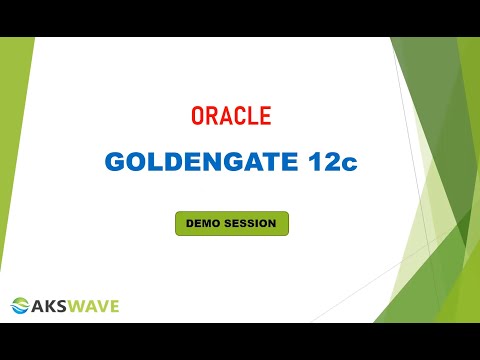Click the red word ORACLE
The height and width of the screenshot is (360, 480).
click(231, 116)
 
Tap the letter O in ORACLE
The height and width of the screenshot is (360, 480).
click(197, 116)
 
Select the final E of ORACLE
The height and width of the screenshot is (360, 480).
click(265, 116)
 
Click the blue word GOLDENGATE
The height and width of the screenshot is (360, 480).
click(201, 162)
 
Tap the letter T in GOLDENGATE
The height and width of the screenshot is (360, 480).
click(270, 162)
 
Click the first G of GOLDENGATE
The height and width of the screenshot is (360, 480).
click(115, 162)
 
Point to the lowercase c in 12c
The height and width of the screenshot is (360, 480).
click(347, 164)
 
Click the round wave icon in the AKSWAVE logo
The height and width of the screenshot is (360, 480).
click(20, 305)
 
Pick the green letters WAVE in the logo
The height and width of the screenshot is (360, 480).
click(92, 306)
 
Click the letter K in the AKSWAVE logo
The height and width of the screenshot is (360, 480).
click(50, 306)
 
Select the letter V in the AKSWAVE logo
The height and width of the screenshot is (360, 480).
click(101, 306)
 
